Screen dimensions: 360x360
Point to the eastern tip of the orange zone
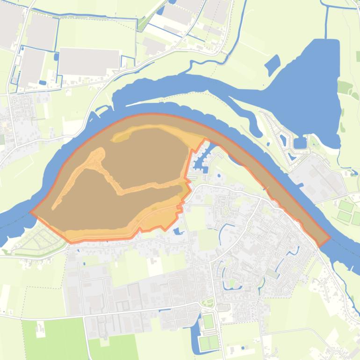point(330,237)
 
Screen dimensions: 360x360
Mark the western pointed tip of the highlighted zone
point(31,212)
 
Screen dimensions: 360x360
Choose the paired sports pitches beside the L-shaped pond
point(209,343)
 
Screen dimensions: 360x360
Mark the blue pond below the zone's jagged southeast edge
point(178,231)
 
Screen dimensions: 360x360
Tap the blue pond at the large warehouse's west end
point(57,57)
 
